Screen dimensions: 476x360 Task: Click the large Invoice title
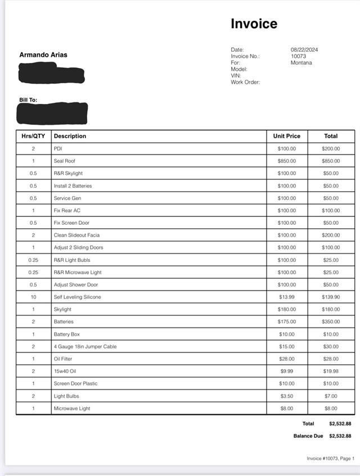254,24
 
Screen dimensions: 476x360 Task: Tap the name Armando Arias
43,55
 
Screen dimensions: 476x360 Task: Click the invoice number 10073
299,56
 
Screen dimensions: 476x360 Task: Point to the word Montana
301,63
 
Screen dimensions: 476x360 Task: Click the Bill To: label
28,100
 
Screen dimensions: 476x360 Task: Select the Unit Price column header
286,136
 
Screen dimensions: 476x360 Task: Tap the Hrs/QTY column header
33,136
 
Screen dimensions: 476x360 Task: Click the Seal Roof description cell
65,161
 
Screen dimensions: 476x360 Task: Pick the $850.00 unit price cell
286,161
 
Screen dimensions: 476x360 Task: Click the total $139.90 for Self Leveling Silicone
330,297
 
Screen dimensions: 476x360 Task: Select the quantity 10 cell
33,297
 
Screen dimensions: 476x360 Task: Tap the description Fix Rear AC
67,211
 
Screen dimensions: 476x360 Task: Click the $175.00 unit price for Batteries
286,322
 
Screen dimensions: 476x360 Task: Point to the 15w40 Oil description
65,371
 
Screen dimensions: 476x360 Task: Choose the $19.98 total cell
330,371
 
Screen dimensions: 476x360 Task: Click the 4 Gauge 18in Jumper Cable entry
85,347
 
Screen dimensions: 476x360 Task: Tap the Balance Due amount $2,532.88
340,436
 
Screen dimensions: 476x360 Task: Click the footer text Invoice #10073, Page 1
330,459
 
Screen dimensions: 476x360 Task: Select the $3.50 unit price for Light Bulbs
286,396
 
